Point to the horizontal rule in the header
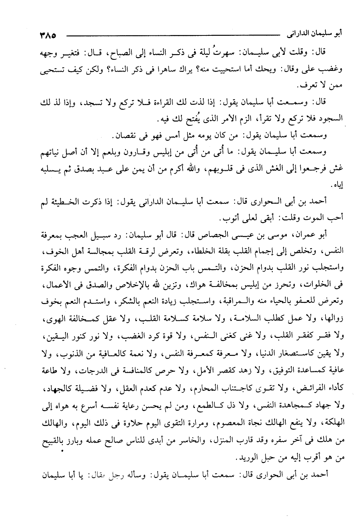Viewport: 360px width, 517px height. click(175, 37)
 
